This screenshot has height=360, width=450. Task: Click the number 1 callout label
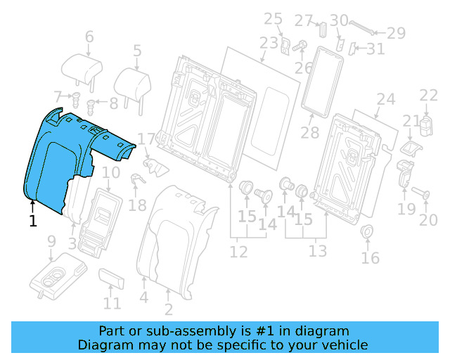(32, 221)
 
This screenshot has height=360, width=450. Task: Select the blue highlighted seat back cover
(60, 158)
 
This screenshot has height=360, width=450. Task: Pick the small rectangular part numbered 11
(112, 278)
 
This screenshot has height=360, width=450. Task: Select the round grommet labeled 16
(366, 233)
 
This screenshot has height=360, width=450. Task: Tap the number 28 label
(309, 132)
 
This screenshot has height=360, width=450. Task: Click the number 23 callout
(268, 44)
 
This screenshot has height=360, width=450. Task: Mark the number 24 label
(385, 99)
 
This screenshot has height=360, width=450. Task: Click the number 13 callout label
(318, 251)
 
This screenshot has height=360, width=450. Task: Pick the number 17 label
(146, 139)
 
